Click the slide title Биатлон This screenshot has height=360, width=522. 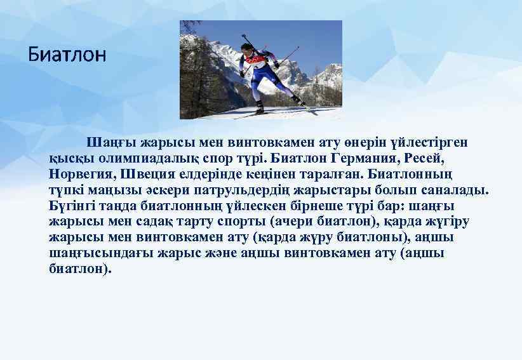point(67,55)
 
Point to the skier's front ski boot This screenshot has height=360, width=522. point(259,107)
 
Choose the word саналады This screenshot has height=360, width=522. point(452,189)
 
